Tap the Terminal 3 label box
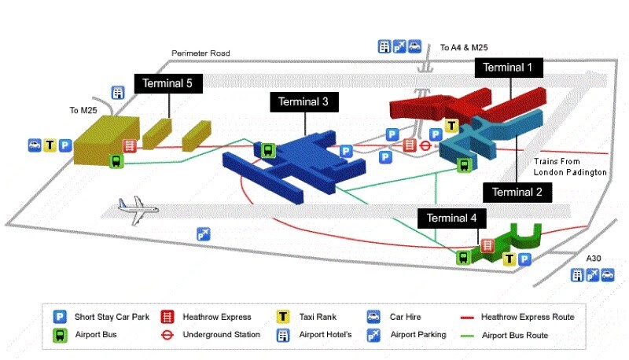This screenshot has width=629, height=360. (304, 101)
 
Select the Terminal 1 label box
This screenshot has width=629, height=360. (509, 68)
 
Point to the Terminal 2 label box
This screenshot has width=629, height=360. (517, 191)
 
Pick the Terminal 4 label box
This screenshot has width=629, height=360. (451, 218)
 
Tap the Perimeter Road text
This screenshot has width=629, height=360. (201, 53)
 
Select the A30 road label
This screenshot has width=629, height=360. (595, 259)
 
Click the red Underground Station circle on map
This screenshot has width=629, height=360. (426, 145)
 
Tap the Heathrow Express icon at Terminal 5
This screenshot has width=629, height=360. (130, 145)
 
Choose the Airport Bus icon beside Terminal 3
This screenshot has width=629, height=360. (268, 149)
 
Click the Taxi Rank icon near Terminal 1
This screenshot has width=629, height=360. (451, 125)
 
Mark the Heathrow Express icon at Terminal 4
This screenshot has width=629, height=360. (487, 245)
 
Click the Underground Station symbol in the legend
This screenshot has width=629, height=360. (167, 334)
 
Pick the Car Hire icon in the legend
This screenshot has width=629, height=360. (373, 317)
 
